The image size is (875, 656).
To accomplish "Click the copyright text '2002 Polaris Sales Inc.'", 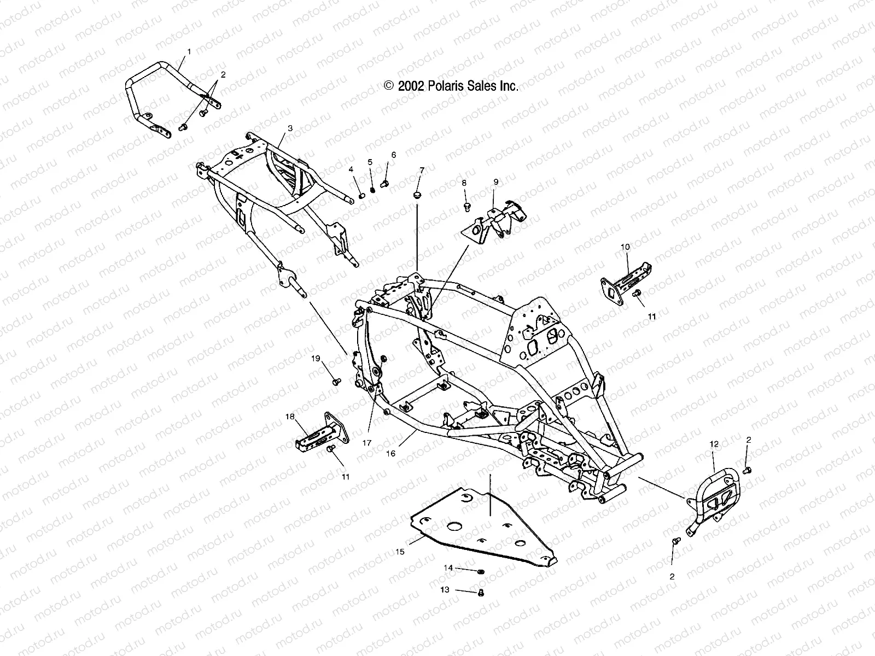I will [x=451, y=86].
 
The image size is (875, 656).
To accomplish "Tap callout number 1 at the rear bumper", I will [x=189, y=51].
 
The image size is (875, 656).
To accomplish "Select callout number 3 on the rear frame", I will [x=290, y=128].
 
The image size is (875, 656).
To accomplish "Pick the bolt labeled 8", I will [x=466, y=207].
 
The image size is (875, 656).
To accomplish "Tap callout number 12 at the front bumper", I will [x=714, y=444].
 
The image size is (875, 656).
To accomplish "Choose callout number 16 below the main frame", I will [x=391, y=453].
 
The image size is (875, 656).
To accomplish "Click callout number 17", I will [x=366, y=443].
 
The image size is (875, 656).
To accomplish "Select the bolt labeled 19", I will [x=336, y=379].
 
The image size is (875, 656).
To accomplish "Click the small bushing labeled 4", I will [x=361, y=196].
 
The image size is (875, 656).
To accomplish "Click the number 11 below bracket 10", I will [x=651, y=316].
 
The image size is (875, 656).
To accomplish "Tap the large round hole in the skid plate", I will [x=454, y=526].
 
